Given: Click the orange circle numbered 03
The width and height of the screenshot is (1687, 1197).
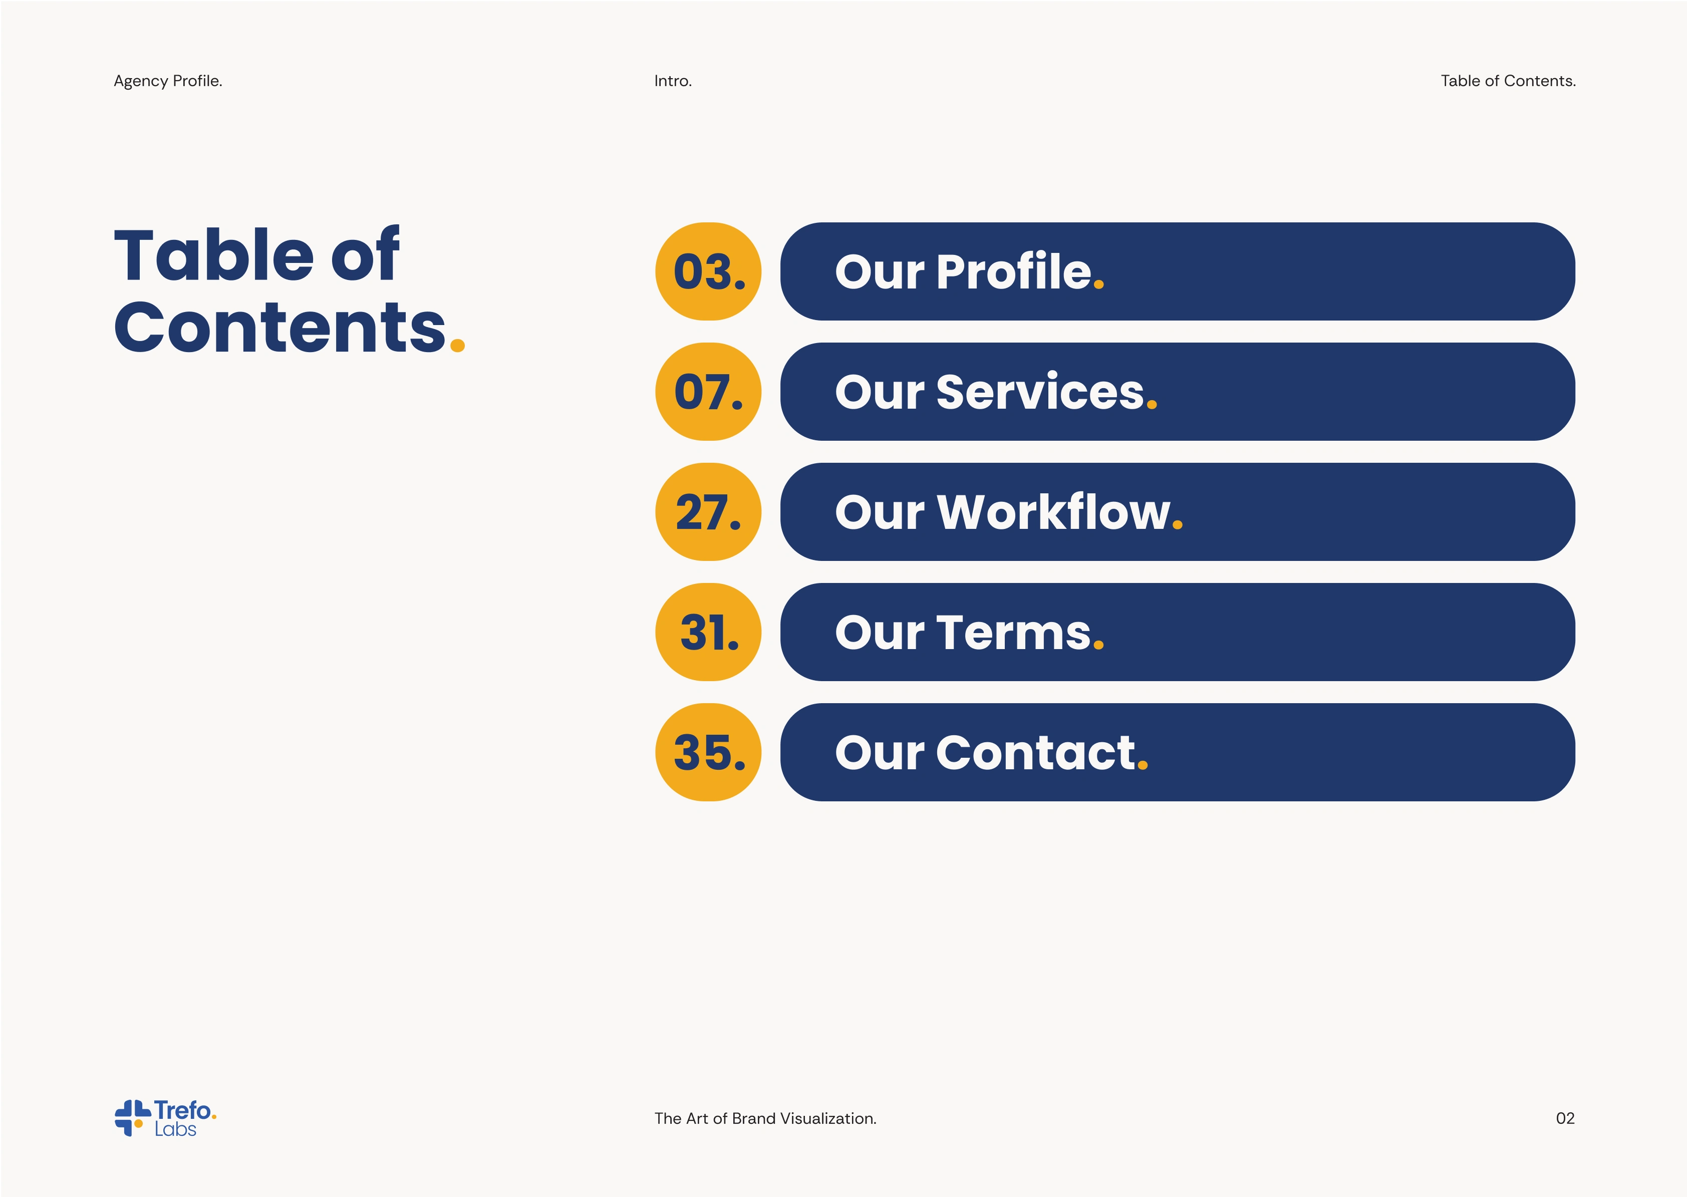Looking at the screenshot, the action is [708, 271].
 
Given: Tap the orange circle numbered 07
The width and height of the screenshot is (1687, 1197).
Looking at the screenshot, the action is [708, 391].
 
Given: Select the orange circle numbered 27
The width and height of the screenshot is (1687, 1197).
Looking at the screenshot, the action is [708, 511].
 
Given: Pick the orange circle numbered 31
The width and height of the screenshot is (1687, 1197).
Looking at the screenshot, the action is [708, 632].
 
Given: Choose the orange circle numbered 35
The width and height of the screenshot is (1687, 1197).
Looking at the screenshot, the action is [708, 752].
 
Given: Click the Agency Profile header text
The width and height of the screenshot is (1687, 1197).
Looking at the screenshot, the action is [168, 81].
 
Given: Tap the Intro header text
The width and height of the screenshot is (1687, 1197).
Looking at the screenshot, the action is [673, 81].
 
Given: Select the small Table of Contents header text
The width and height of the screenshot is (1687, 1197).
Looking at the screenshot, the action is [1508, 81].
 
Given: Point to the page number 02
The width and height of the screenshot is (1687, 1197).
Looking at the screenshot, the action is [1565, 1118].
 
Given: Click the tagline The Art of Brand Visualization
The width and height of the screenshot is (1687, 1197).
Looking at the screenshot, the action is [765, 1118].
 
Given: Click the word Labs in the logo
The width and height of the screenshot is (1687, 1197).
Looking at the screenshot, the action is [175, 1129].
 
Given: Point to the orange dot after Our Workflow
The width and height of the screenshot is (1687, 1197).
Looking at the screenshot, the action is [1177, 525].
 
